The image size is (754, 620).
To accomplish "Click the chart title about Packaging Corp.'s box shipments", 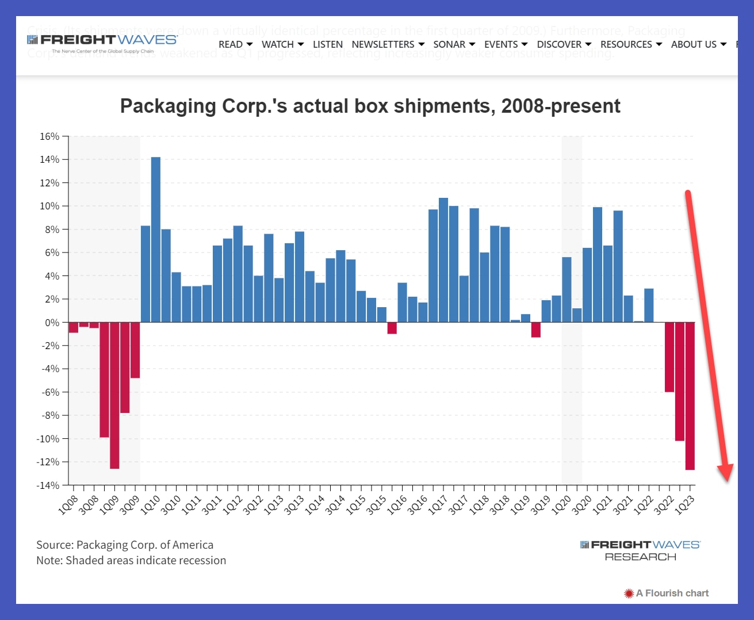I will pos(370,106).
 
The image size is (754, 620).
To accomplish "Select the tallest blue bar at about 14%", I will pos(156,239).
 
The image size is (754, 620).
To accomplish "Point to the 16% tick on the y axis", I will pos(49,137).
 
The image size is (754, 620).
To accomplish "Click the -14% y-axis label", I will pos(48,485).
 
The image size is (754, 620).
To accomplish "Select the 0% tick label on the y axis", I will pos(52,323).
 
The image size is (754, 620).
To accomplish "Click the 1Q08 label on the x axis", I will pos(68,504).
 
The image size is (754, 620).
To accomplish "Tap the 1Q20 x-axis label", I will pos(561,504).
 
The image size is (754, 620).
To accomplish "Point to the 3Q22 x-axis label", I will pos(664,504).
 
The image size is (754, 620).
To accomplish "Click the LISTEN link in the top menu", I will pos(327,44).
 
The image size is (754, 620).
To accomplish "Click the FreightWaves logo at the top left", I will pos(102,41).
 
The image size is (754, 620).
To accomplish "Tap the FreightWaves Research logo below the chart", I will pos(640,550).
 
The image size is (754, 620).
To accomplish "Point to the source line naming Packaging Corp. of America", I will pos(125,545).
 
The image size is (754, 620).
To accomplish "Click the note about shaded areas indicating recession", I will pos(131,560).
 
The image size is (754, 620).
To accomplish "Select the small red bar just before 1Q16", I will pos(392,328).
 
